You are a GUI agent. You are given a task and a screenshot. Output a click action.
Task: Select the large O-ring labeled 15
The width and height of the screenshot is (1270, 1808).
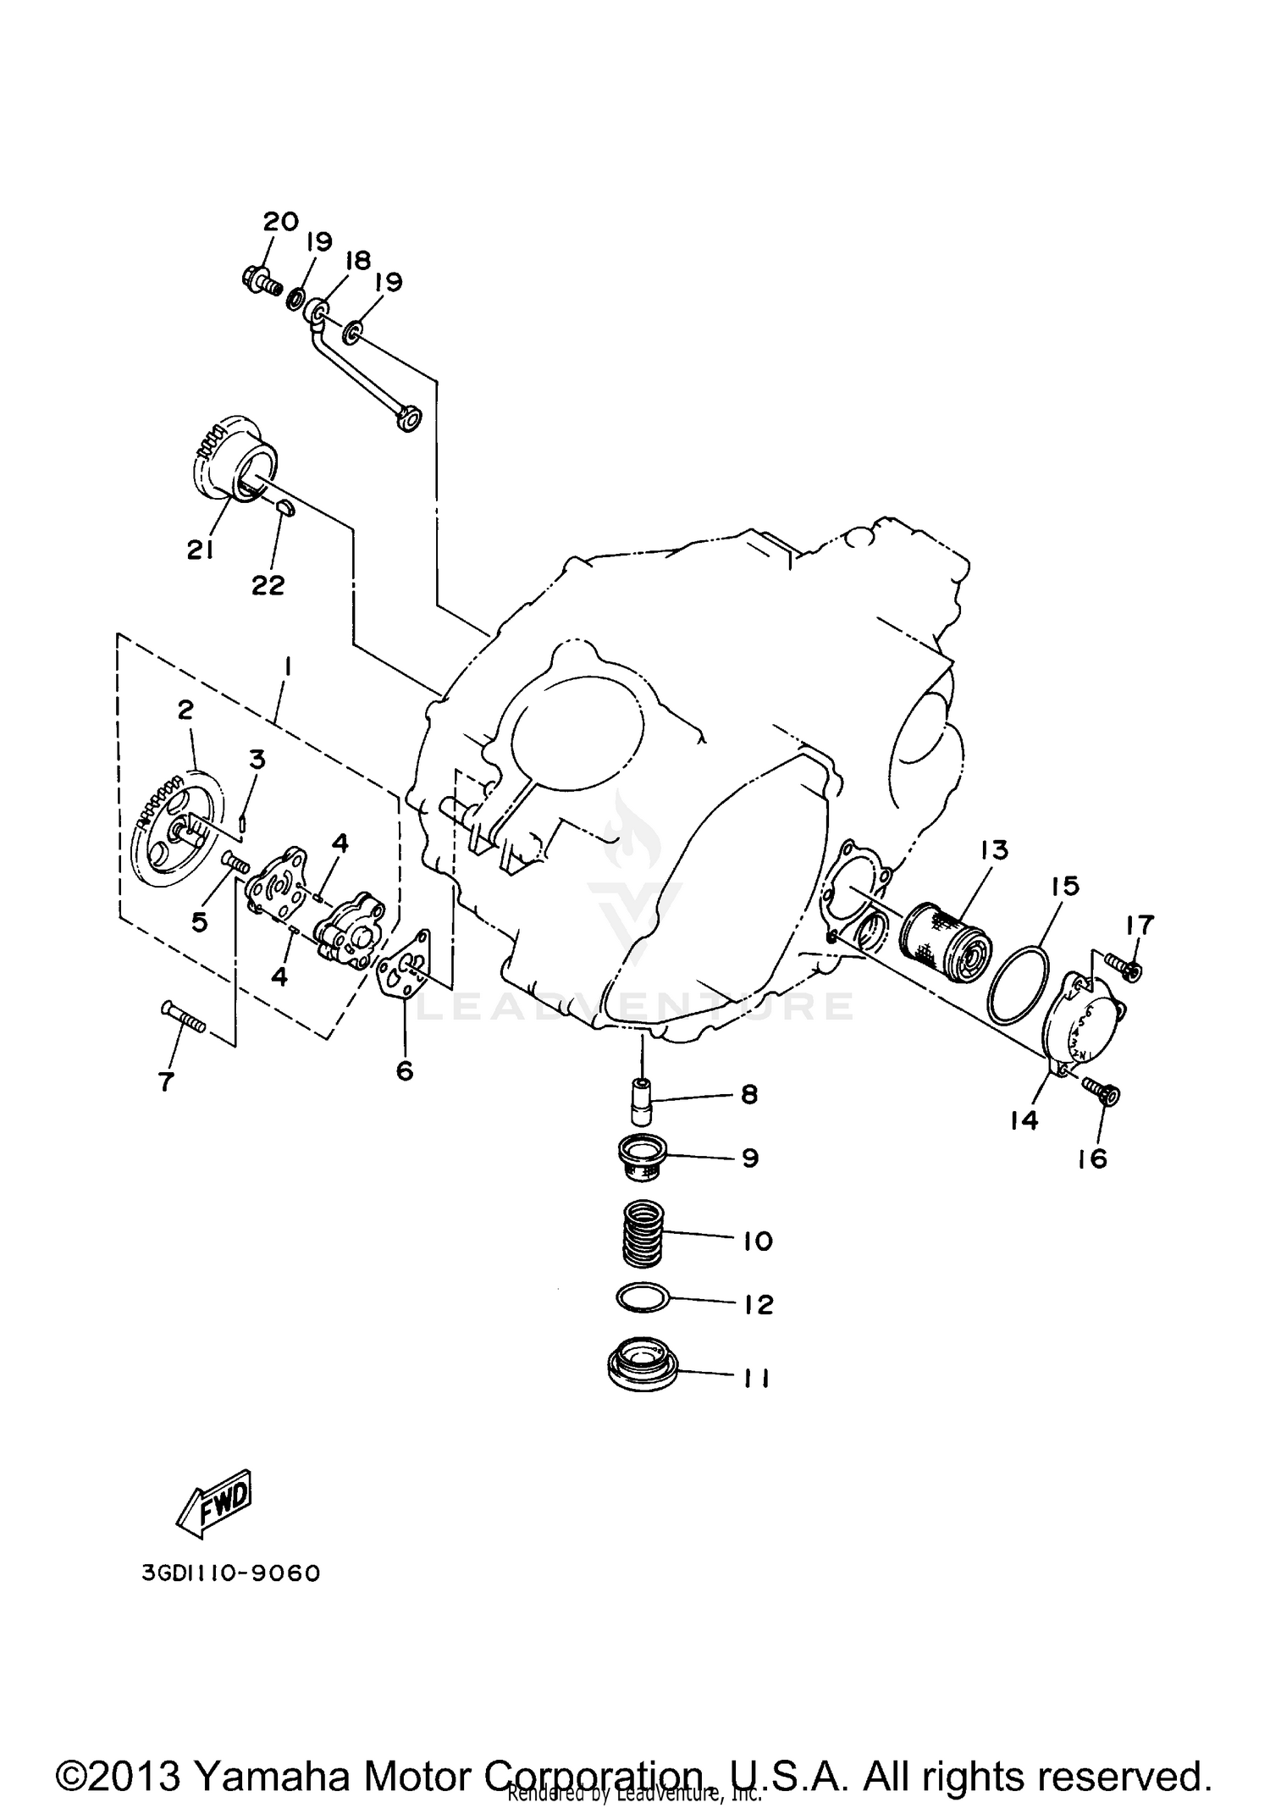(1019, 983)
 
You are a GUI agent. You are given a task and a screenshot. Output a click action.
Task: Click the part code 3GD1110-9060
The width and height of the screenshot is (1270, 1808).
(231, 1574)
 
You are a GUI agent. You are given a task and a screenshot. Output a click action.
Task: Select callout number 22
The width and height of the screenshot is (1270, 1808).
(268, 585)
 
